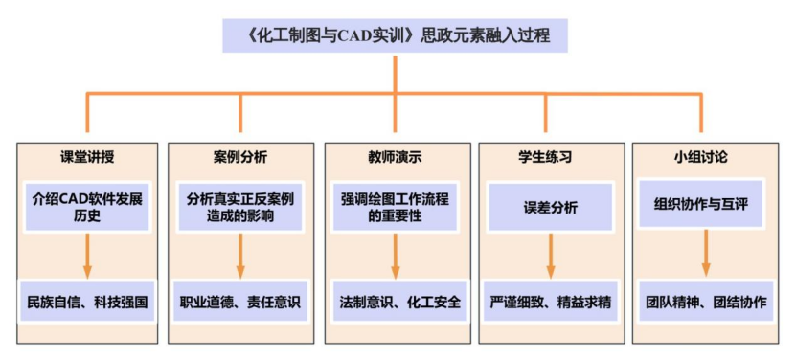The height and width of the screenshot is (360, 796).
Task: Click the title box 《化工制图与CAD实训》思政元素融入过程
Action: (x=398, y=37)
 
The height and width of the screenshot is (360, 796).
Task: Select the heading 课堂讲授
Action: (x=87, y=156)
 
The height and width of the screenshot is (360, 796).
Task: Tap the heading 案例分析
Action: (x=240, y=156)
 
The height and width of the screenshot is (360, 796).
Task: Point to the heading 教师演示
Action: (x=395, y=156)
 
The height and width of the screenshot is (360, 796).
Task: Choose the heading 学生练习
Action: (x=551, y=156)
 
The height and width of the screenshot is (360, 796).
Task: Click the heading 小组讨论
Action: (x=705, y=156)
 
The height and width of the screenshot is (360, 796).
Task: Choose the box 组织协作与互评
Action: (x=705, y=204)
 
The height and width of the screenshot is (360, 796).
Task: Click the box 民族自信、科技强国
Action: (x=87, y=302)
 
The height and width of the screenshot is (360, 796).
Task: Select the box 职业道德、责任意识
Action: (x=240, y=302)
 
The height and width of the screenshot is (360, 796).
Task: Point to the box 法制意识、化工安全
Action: (x=395, y=302)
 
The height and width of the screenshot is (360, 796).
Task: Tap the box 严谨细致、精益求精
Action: (x=551, y=302)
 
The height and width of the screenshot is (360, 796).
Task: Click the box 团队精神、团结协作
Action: (x=705, y=302)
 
